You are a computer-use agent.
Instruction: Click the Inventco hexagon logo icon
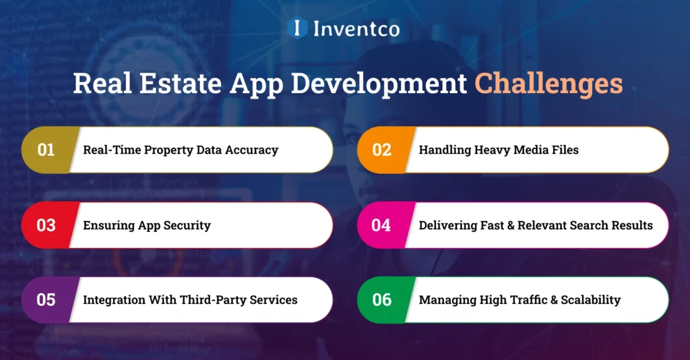[297, 28]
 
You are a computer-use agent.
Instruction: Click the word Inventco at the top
[356, 28]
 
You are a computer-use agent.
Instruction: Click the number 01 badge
[46, 150]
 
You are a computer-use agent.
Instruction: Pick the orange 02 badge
[381, 150]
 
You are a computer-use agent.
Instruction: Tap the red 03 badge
[46, 225]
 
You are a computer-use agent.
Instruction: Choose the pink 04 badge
[381, 225]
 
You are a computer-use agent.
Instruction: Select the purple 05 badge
[46, 299]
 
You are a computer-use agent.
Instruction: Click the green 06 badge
[381, 299]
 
